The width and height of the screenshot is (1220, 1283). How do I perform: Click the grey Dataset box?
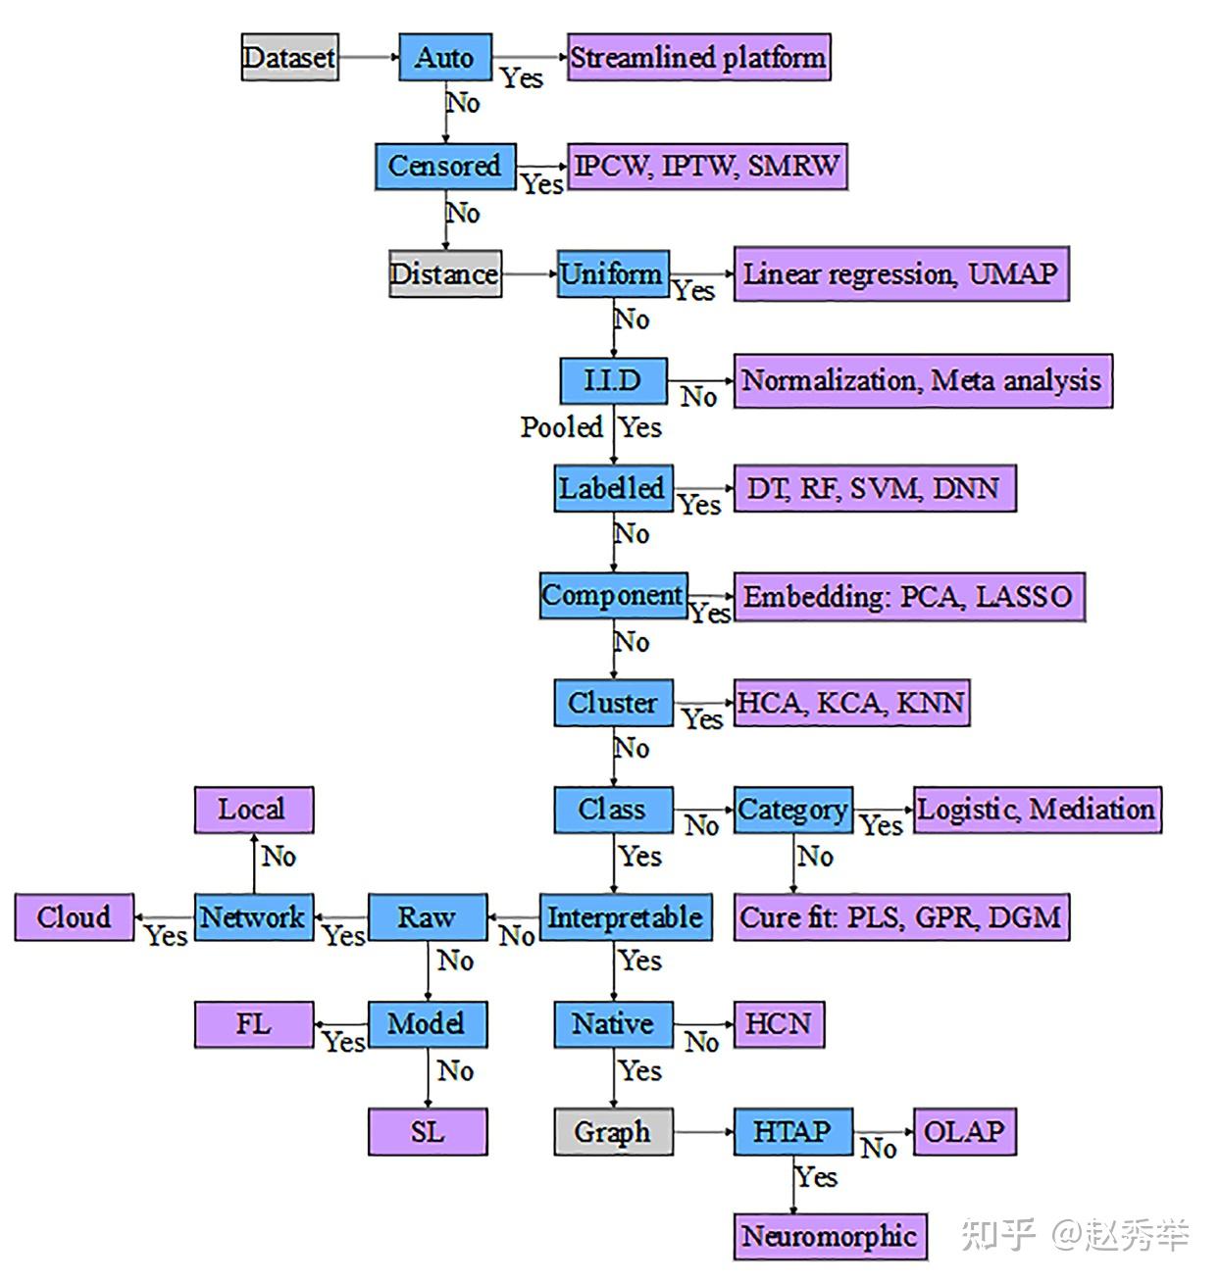click(289, 58)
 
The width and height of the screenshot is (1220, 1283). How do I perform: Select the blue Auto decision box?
click(444, 58)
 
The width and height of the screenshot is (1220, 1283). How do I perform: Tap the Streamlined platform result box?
click(698, 58)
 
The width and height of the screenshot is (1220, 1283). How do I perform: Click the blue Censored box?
click(444, 166)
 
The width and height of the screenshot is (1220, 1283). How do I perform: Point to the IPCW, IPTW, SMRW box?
click(706, 166)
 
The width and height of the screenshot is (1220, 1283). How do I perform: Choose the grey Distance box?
click(444, 273)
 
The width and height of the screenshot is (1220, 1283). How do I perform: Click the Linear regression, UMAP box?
click(900, 273)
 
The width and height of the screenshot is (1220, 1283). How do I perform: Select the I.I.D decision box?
click(613, 380)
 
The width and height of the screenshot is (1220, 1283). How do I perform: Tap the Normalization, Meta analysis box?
click(922, 380)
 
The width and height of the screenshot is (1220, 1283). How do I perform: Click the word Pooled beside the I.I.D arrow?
click(561, 427)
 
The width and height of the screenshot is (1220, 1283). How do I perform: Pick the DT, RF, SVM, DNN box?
click(874, 488)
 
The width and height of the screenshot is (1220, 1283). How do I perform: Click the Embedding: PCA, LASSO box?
click(908, 596)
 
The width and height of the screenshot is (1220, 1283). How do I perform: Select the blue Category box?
click(792, 810)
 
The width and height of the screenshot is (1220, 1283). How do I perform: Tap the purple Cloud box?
click(74, 917)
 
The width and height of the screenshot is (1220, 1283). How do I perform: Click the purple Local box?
click(253, 810)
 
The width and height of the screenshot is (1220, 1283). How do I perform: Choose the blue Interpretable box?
click(625, 917)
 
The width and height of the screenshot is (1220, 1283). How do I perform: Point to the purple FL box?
click(253, 1024)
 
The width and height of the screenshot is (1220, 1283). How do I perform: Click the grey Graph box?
click(613, 1132)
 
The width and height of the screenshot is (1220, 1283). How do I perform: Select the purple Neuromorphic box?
click(830, 1236)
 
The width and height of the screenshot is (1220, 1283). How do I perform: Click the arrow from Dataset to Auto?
click(368, 58)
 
